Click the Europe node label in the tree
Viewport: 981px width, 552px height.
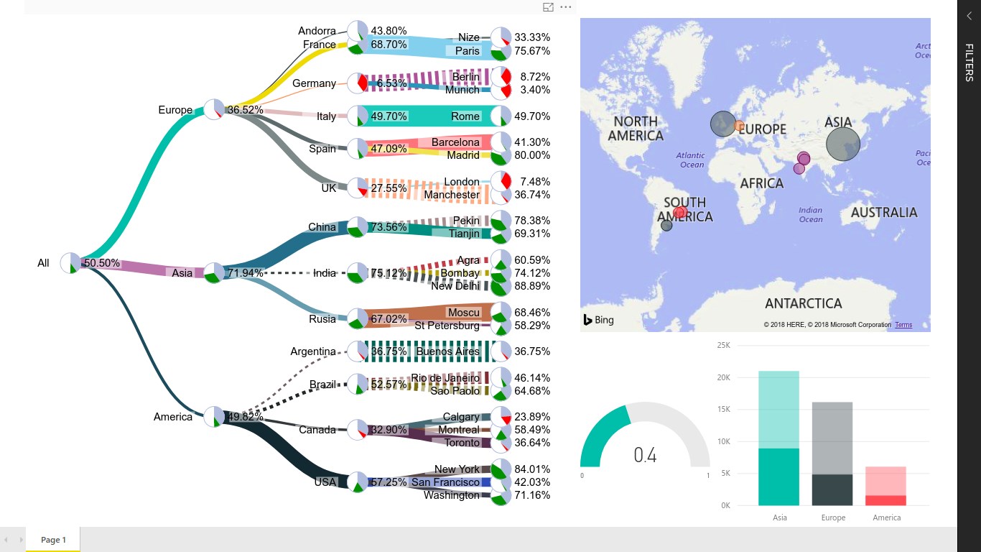click(175, 110)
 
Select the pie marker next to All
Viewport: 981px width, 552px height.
click(70, 263)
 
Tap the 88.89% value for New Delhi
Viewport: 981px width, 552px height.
click(532, 286)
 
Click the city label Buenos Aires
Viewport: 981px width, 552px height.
click(447, 351)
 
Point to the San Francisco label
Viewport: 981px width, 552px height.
click(445, 482)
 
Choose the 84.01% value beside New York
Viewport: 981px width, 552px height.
click(532, 469)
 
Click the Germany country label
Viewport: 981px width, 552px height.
click(314, 83)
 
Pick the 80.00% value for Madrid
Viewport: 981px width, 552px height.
click(532, 155)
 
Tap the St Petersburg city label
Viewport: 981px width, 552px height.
click(447, 326)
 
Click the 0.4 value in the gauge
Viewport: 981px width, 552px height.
click(645, 455)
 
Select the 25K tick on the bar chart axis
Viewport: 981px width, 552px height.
click(723, 346)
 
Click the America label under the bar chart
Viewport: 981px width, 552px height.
click(886, 517)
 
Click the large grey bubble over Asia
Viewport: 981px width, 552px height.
click(842, 144)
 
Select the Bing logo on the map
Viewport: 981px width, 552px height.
click(598, 320)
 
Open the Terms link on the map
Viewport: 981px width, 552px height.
click(903, 325)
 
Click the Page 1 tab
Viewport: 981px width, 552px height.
click(53, 540)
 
